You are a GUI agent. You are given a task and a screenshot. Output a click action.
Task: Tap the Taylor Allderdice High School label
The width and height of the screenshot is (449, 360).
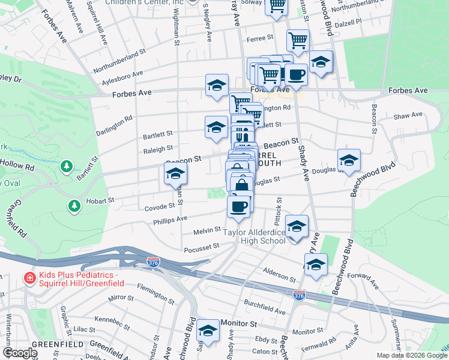[x=254, y=236]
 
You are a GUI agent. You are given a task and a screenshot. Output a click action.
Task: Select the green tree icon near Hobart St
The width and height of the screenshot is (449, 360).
[x=74, y=206]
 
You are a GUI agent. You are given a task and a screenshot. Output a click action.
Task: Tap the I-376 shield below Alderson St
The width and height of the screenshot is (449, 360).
[x=299, y=295]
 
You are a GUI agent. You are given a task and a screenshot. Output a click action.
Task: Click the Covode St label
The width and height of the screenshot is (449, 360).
[x=160, y=206]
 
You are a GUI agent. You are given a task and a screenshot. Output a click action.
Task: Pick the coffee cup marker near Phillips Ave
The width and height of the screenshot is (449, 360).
[x=238, y=208]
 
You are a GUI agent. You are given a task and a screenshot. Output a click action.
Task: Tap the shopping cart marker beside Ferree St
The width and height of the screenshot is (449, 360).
[x=297, y=41]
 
